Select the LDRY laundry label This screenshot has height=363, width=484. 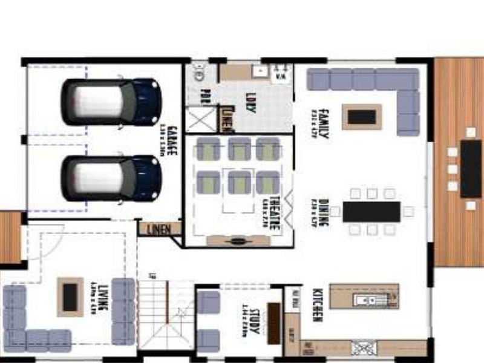click(249, 101)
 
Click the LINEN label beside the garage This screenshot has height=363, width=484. click(160, 229)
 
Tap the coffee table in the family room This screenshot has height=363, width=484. click(362, 117)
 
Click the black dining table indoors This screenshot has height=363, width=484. click(371, 212)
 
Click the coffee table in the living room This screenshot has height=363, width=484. click(70, 296)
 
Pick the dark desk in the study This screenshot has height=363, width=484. click(274, 323)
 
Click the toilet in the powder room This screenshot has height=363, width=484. click(199, 76)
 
